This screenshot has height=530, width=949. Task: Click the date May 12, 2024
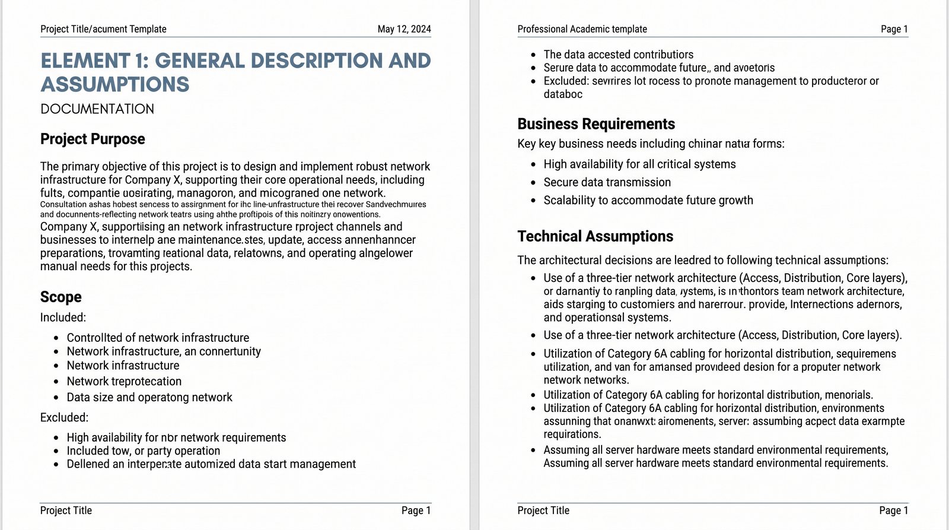point(404,29)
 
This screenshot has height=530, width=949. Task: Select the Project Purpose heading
point(93,139)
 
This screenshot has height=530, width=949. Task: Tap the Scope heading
point(61,297)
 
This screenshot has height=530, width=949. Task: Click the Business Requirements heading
point(596,124)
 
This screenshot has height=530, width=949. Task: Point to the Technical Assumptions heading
point(595,236)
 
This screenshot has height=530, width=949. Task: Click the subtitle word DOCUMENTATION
point(97,109)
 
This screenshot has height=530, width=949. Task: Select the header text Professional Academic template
point(582,29)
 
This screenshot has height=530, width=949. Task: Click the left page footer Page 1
point(416,510)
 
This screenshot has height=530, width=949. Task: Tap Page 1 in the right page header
point(894,29)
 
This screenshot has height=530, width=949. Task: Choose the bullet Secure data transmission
point(607,182)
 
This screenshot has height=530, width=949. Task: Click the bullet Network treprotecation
point(124,382)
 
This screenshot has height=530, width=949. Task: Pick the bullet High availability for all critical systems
point(639,164)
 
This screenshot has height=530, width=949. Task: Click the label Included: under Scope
point(63,318)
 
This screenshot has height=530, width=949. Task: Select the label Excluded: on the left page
point(64,418)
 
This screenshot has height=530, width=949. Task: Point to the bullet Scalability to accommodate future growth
point(648,201)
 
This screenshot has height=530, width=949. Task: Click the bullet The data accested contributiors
point(618,55)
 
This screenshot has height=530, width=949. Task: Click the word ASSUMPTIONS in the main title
point(115,85)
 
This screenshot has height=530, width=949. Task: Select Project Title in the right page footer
point(543,510)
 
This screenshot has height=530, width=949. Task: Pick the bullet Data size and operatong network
point(149,398)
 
